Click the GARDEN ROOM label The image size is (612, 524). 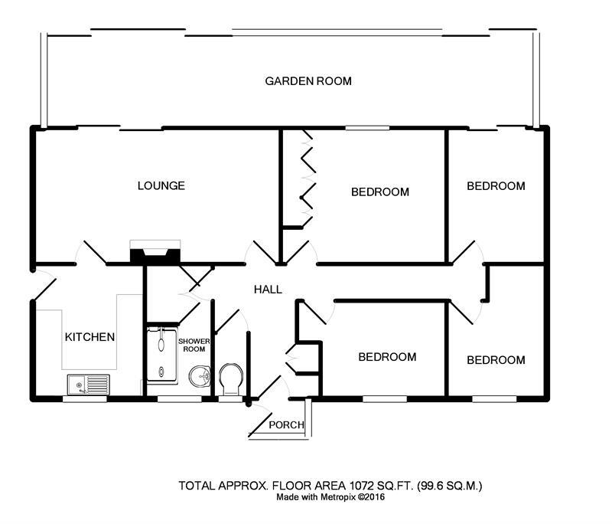click(308, 81)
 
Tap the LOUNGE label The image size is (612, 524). click(161, 185)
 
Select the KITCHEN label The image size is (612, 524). click(90, 337)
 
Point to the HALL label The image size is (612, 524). click(269, 290)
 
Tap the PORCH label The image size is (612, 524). click(288, 425)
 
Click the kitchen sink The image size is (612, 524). click(88, 383)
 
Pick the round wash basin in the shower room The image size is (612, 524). click(200, 376)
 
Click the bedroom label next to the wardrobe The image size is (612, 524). click(380, 192)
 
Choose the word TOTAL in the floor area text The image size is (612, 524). click(195, 486)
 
